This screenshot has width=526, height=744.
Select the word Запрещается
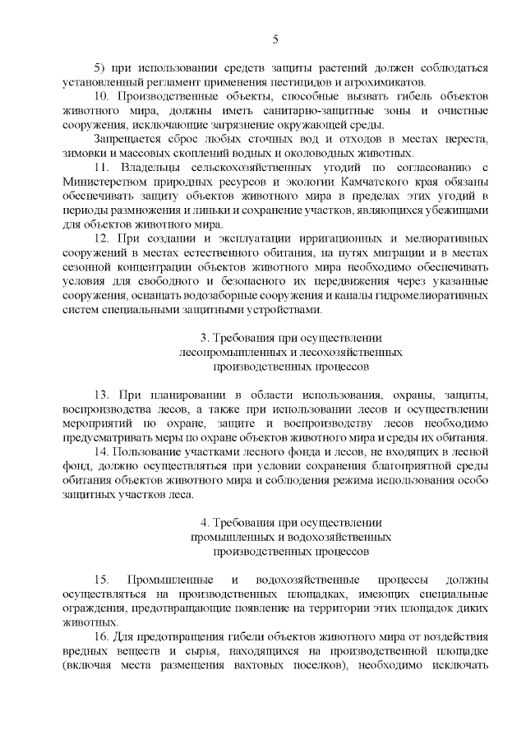(128, 139)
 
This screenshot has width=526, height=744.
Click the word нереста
(468, 139)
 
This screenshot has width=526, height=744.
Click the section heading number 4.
(204, 522)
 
